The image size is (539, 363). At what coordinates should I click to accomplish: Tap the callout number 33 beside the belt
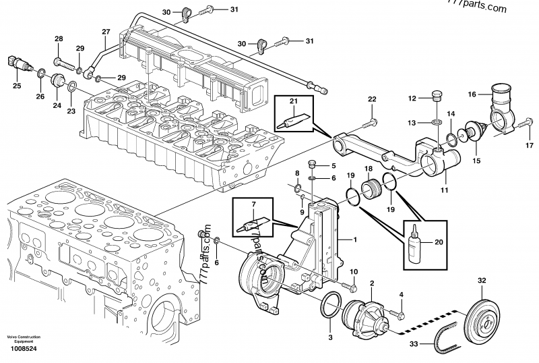pyautogui.click(x=414, y=345)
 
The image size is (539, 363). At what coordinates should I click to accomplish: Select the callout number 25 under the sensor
pyautogui.click(x=17, y=85)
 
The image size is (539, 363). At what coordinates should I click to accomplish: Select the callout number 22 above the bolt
pyautogui.click(x=371, y=100)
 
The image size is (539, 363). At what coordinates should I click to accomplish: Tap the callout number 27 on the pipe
pyautogui.click(x=105, y=32)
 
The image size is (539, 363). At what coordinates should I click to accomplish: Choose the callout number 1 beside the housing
pyautogui.click(x=356, y=240)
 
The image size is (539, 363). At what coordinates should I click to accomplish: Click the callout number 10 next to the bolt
pyautogui.click(x=354, y=271)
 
